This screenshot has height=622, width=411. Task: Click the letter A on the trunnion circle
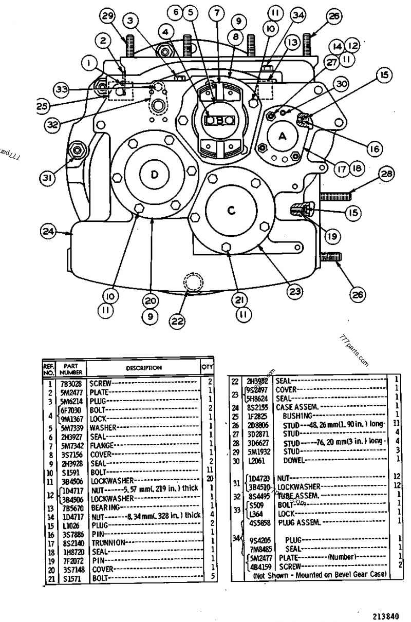[282, 136]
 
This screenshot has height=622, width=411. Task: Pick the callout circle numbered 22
[177, 321]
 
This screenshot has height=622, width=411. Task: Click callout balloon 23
[293, 292]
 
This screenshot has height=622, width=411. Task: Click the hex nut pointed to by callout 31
[79, 149]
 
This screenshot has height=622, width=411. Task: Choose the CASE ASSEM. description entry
[294, 406]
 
